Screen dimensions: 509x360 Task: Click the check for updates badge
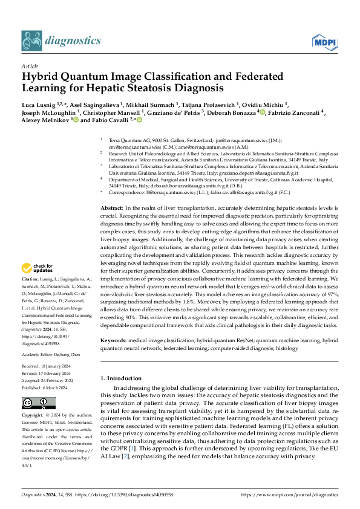coord(38,268)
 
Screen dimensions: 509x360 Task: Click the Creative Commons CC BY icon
coord(31,403)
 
